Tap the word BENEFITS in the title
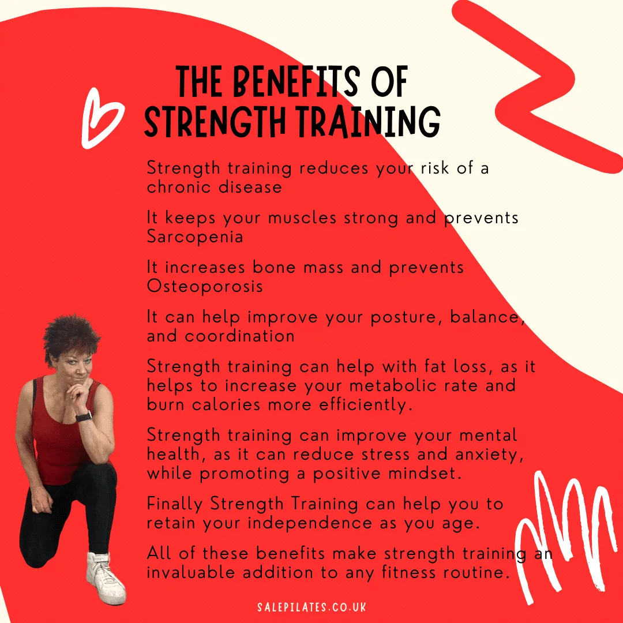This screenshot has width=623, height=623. [x=297, y=82]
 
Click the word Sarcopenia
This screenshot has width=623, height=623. [x=195, y=237]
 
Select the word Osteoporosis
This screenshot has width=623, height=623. [x=205, y=286]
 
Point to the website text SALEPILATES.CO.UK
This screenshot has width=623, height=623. [x=311, y=607]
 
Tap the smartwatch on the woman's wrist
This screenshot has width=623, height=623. [x=84, y=417]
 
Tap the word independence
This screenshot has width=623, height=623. [x=310, y=523]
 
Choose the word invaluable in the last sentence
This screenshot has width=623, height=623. [x=190, y=572]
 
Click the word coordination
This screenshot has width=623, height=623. [x=239, y=336]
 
